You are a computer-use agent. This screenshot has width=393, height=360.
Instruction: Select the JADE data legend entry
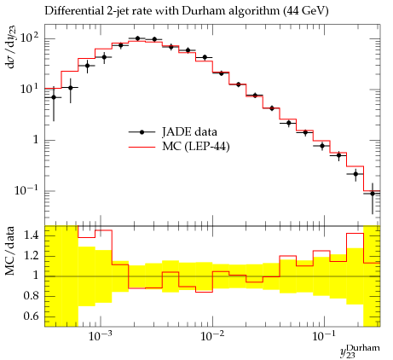(173, 132)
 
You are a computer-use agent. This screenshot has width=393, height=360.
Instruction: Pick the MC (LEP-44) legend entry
(179, 147)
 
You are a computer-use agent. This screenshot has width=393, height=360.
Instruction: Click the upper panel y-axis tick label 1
(36, 140)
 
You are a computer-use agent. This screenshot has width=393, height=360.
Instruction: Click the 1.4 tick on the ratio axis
(31, 235)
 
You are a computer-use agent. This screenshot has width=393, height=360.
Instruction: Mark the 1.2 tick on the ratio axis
(31, 256)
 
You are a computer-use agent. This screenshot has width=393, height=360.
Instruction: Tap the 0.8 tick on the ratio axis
(31, 296)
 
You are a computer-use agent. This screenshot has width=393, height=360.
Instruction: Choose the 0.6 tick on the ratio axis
(31, 316)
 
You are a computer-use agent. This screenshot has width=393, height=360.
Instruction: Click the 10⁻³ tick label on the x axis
(99, 336)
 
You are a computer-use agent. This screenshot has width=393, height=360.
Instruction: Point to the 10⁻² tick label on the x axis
(211, 336)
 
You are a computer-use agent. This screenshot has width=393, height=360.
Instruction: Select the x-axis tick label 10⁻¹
(323, 336)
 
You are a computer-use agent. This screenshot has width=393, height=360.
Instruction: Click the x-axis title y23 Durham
(360, 351)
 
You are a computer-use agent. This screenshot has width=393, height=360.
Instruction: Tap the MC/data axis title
(9, 251)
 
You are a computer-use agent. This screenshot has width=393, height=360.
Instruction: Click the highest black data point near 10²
(138, 38)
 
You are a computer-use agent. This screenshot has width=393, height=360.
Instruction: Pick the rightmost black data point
(373, 194)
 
